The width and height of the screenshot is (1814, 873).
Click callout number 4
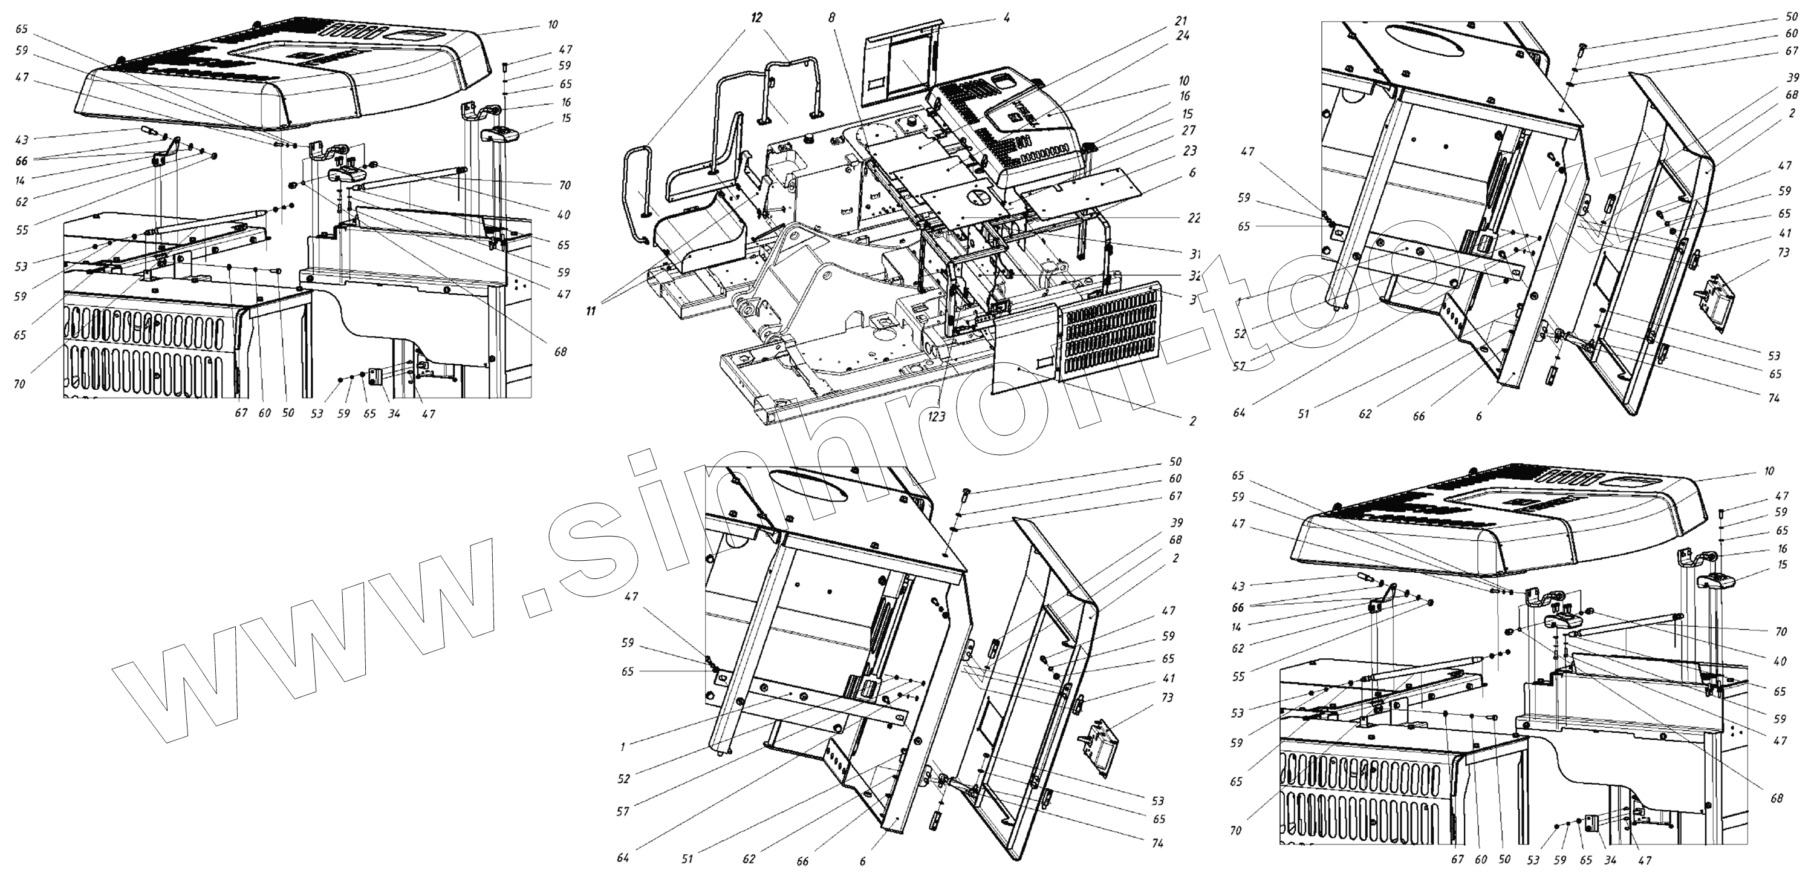click(x=1006, y=18)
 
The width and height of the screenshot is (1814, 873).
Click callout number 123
click(x=937, y=416)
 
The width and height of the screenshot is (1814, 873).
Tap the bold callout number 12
click(x=756, y=18)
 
